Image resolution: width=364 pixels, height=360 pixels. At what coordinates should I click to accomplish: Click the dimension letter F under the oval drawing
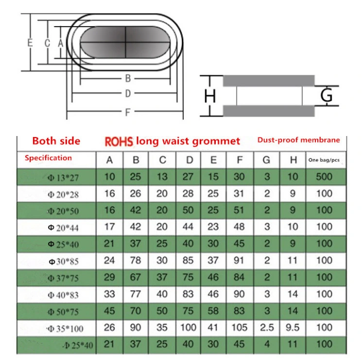coord(127,112)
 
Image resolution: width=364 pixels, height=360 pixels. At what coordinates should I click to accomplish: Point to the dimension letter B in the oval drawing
coord(128,78)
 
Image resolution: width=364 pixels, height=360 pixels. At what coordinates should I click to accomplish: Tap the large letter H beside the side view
coord(210,96)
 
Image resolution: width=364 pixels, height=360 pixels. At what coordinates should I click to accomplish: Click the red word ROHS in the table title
coord(120,141)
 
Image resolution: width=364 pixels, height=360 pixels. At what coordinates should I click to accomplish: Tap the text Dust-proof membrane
coord(298,140)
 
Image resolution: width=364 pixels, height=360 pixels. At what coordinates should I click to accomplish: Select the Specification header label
coord(48,158)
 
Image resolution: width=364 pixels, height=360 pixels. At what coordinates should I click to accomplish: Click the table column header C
coord(163,160)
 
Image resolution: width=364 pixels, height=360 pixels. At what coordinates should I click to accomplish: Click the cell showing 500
coord(324,176)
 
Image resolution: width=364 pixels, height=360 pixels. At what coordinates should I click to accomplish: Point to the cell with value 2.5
coord(267,327)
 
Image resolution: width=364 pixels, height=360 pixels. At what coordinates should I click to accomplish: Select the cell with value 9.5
coord(293,327)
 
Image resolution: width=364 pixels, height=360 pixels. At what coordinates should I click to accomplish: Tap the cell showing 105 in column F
coord(239,327)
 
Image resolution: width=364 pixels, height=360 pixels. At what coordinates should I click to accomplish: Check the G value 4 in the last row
coord(267,344)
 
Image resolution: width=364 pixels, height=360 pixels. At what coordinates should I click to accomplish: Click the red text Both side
coord(56,141)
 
